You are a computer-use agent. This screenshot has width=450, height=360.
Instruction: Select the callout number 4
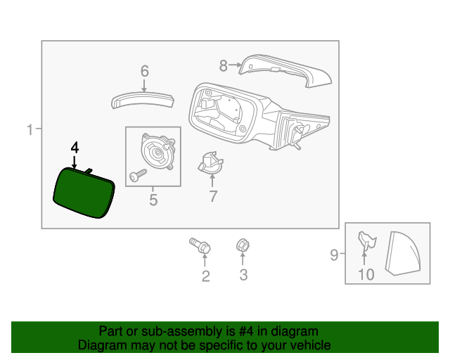pos(75,148)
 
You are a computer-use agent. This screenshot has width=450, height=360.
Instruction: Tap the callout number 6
pos(145,71)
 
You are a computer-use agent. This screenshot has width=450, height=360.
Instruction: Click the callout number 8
pos(223,66)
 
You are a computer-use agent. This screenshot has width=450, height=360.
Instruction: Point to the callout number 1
pos(30,129)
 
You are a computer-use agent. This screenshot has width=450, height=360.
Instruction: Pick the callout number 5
pos(153,201)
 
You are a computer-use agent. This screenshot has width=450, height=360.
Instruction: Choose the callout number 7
pos(213,196)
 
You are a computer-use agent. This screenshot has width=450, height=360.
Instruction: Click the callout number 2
pos(205,276)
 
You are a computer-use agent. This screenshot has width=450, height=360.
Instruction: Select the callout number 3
pos(243,275)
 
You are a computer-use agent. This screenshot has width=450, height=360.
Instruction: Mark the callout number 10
pos(366,274)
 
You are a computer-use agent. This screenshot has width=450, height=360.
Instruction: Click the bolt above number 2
pos(200,246)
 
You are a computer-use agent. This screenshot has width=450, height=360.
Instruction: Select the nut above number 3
pos(242,245)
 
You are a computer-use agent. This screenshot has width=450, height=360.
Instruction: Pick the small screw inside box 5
pos(137,173)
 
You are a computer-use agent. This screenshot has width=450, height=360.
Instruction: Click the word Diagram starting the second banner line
pos(100,345)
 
